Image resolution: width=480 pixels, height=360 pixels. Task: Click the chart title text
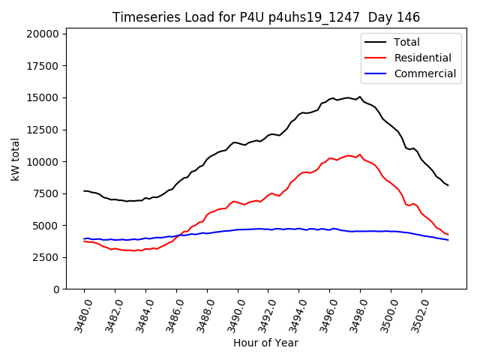tap(266, 17)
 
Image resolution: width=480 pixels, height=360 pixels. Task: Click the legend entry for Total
tap(406, 42)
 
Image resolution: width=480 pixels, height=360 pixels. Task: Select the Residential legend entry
tap(422, 58)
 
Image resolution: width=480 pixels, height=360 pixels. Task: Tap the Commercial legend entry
tap(424, 73)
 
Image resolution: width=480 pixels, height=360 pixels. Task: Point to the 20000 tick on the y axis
tap(42, 34)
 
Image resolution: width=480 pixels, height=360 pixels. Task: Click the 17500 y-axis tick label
tap(42, 66)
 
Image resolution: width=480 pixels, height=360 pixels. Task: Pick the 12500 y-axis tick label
tap(42, 130)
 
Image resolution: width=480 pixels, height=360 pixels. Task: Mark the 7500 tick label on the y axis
tap(45, 193)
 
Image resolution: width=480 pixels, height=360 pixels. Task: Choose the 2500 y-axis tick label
tap(45, 257)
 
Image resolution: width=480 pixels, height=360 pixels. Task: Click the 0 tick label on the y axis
tap(56, 289)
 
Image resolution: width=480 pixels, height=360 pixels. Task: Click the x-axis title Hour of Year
tap(265, 343)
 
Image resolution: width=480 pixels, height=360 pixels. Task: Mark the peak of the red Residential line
tap(360, 154)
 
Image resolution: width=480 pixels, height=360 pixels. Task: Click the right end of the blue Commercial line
tap(448, 240)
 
